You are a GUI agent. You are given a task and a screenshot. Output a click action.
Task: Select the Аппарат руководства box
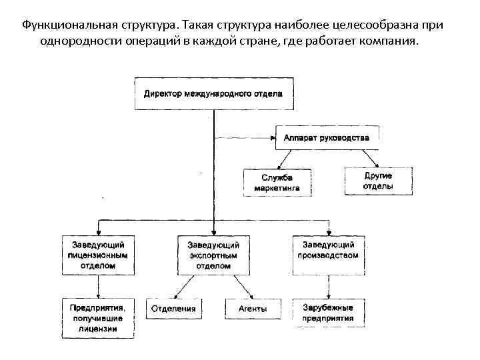[327, 139]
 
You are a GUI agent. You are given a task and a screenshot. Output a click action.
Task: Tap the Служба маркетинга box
[277, 182]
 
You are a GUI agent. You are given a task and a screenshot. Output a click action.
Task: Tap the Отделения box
[173, 309]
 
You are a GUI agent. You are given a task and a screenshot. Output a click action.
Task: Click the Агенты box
[252, 309]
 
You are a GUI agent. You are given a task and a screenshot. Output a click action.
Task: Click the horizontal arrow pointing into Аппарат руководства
[243, 139]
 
